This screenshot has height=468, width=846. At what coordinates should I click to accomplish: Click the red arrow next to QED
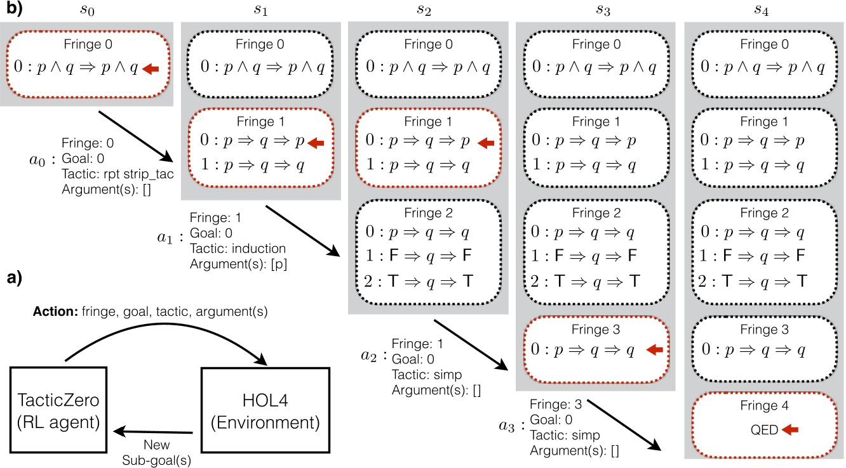(x=789, y=430)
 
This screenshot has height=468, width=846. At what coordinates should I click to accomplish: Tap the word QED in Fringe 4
(x=764, y=430)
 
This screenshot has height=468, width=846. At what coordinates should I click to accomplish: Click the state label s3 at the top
(x=595, y=10)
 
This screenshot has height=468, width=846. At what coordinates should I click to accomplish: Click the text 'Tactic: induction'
(x=238, y=248)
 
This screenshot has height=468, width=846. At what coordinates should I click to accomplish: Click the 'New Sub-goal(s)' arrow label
(x=156, y=451)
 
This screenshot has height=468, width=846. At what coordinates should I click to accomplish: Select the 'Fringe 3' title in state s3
(x=595, y=330)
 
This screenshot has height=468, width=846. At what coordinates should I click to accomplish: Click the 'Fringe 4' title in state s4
(x=764, y=406)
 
